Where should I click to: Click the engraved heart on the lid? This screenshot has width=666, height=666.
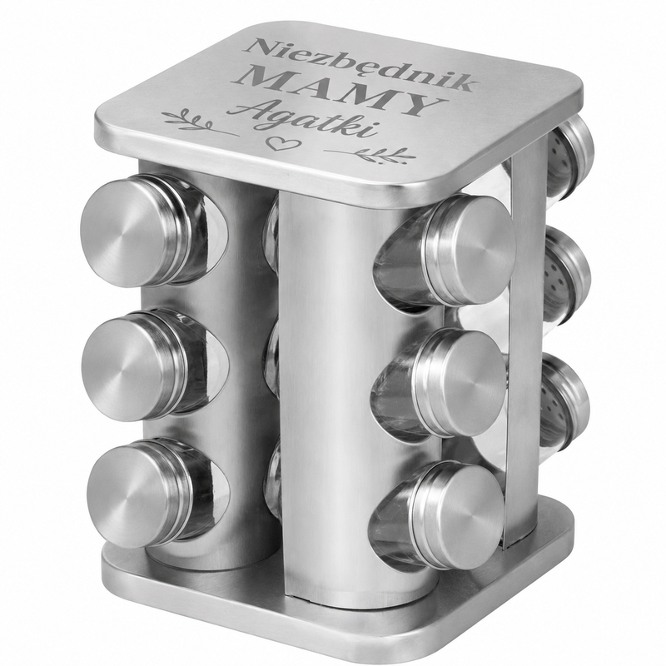pos(281,143)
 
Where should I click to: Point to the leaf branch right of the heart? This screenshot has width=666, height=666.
pos(370,155)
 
